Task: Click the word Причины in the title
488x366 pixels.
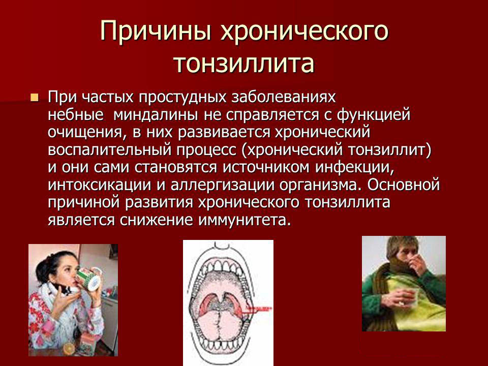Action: pyautogui.click(x=156, y=32)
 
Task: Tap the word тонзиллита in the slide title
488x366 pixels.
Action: pyautogui.click(x=245, y=64)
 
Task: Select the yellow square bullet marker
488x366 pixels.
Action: pyautogui.click(x=35, y=98)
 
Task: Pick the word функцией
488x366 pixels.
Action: pyautogui.click(x=374, y=115)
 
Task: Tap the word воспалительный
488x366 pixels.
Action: pyautogui.click(x=110, y=150)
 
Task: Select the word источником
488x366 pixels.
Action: pyautogui.click(x=266, y=167)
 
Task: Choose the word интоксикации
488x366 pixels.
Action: pyautogui.click(x=99, y=186)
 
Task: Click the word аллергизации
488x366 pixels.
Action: pyautogui.click(x=223, y=186)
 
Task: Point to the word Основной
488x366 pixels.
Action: pyautogui.click(x=403, y=185)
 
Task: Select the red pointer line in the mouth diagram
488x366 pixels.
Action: pyautogui.click(x=256, y=309)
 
